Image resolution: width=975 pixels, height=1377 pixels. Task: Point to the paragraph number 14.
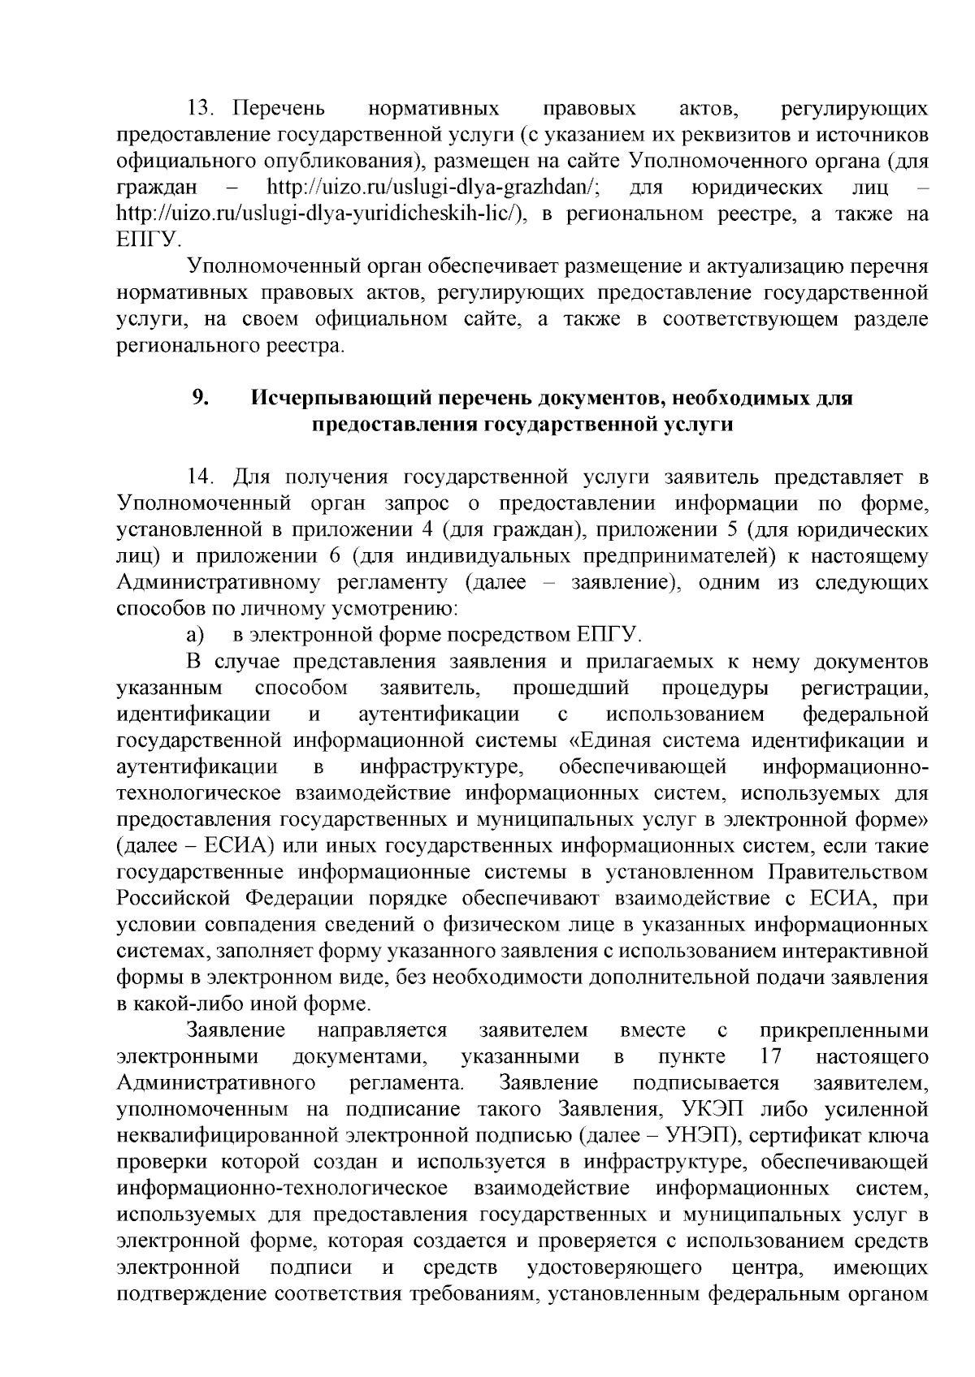pyautogui.click(x=200, y=477)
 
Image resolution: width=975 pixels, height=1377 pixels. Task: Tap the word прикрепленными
pyautogui.click(x=844, y=1031)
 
